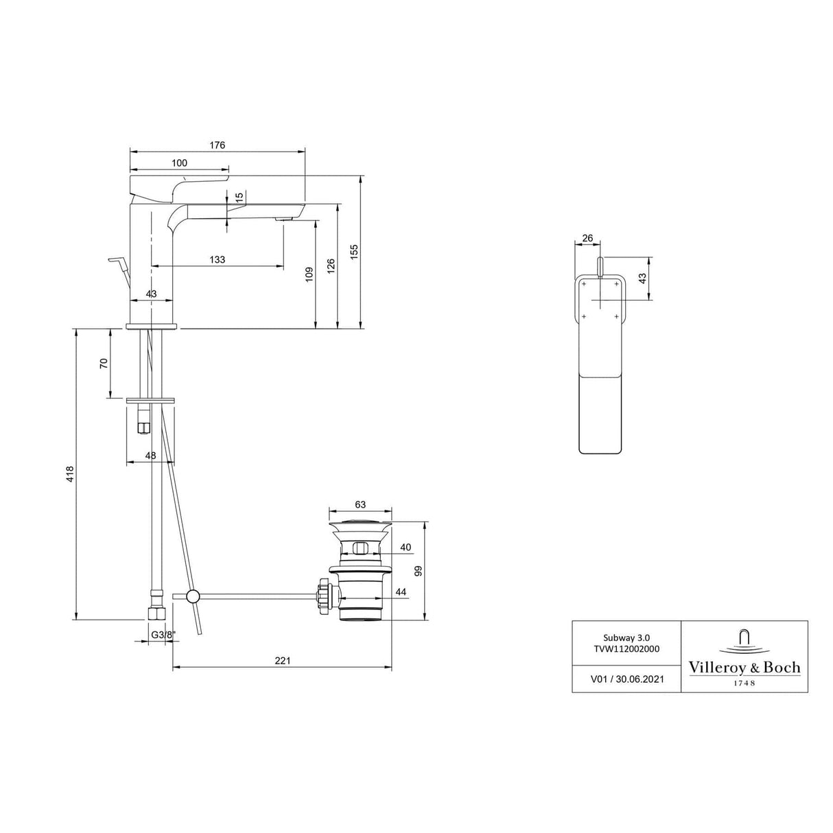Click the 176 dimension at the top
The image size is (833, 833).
tap(217, 145)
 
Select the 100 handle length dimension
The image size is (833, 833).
tap(179, 163)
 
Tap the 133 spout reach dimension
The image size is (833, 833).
tap(217, 259)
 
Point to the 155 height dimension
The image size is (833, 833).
tap(354, 251)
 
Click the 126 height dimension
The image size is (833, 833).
tap(330, 266)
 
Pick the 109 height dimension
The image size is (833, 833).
tap(309, 274)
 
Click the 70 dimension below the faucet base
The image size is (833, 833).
tap(104, 363)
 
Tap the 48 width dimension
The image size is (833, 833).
tap(150, 455)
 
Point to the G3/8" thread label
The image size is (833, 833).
tap(163, 635)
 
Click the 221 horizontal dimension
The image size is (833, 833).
tap(282, 660)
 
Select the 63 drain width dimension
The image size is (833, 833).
tap(360, 504)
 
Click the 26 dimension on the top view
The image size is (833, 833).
tap(587, 238)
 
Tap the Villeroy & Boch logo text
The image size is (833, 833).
tap(744, 667)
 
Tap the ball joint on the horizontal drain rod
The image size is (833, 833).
tap(193, 596)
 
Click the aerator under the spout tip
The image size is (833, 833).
tap(285, 219)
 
